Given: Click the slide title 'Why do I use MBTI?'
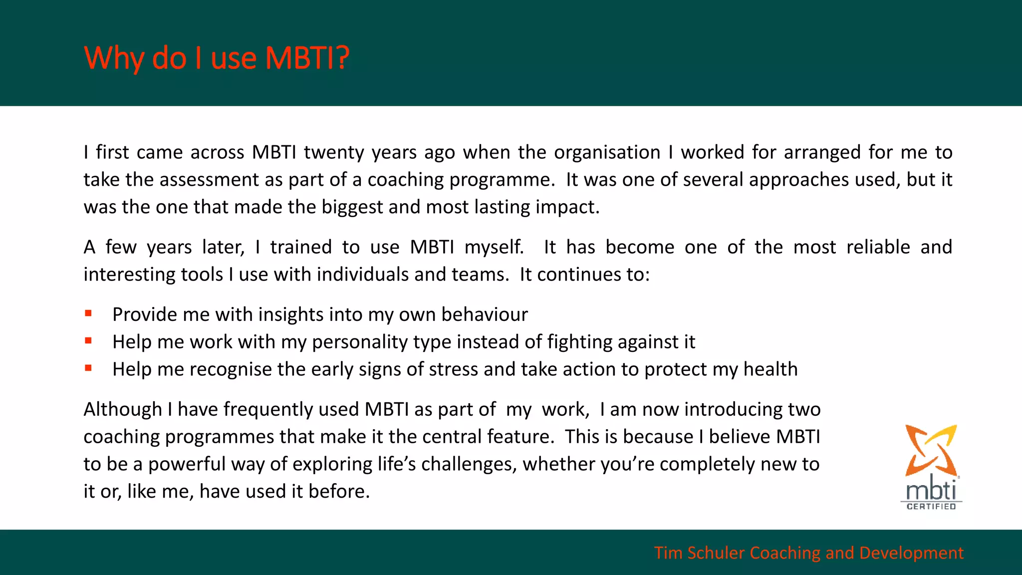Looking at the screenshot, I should pyautogui.click(x=217, y=58).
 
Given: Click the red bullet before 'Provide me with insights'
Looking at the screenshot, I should pyautogui.click(x=88, y=313).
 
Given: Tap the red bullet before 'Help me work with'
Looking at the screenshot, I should pyautogui.click(x=88, y=341).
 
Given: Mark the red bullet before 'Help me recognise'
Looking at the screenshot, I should pyautogui.click(x=88, y=368).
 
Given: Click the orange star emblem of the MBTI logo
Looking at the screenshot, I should pyautogui.click(x=931, y=449).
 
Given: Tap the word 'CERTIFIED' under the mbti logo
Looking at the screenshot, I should pyautogui.click(x=931, y=506).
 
